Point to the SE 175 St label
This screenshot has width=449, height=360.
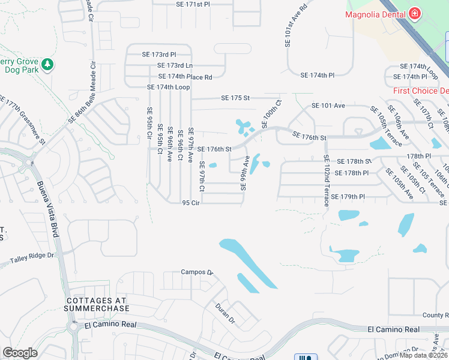(x=235, y=98)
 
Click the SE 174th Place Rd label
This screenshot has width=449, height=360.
(x=185, y=77)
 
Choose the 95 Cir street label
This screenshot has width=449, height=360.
(x=190, y=203)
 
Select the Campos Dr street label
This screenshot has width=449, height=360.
(x=197, y=272)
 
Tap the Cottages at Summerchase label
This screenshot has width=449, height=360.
(x=97, y=304)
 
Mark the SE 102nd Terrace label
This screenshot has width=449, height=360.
(x=326, y=181)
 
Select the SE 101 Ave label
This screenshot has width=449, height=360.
(x=328, y=106)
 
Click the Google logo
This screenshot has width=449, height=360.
(x=20, y=353)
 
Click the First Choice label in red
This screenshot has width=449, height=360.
(x=421, y=91)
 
